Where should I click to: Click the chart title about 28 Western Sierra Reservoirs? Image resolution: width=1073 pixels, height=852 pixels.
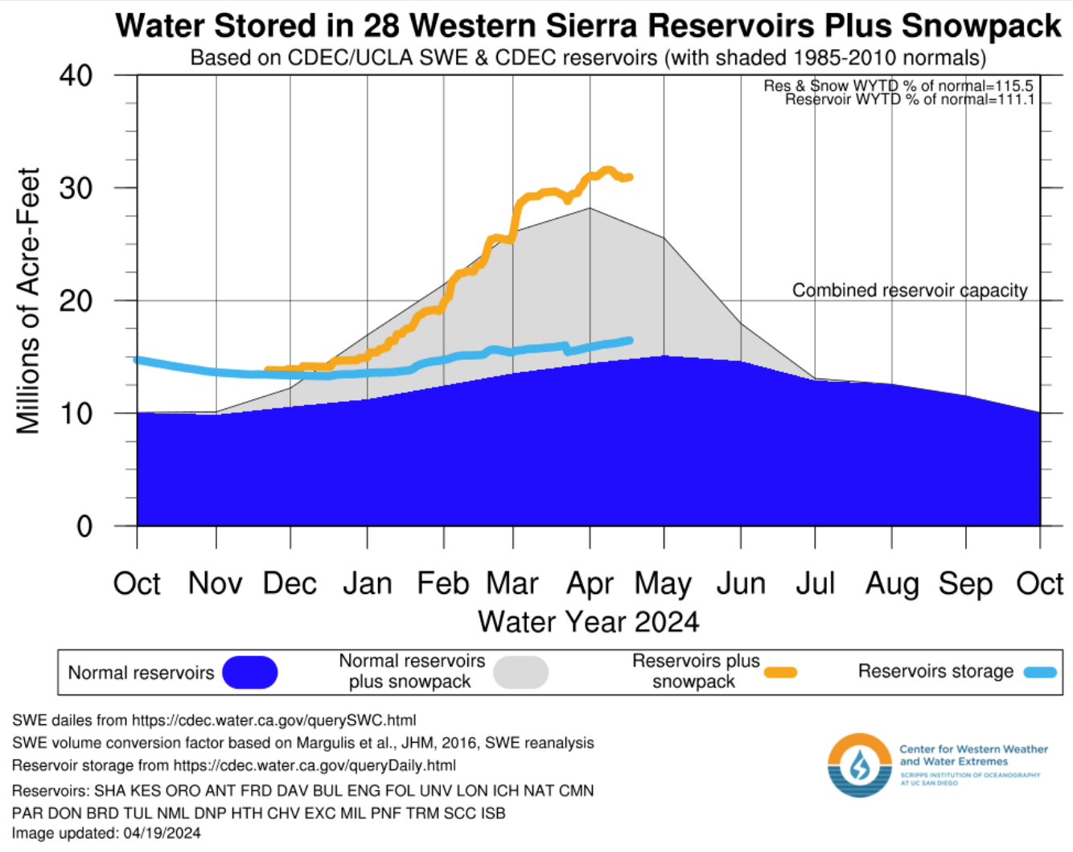coord(588,26)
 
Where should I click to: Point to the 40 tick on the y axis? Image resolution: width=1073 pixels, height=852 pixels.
coord(76,76)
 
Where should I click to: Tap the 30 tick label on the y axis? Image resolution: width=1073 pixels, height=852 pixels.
coord(76,188)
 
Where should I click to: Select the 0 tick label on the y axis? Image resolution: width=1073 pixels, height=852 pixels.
coord(84,526)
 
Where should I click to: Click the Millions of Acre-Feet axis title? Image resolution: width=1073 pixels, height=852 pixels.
coord(28,301)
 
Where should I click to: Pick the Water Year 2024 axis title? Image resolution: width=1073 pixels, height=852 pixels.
coord(588,621)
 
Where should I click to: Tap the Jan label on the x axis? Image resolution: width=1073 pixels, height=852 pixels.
coord(367,584)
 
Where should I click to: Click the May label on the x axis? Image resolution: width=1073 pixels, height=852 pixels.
coord(663,584)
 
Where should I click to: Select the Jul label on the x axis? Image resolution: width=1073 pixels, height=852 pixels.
coord(815,584)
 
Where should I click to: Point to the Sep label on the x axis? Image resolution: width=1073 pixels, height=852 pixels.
coord(965,584)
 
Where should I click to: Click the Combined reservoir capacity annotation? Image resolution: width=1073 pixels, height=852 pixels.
coord(910,290)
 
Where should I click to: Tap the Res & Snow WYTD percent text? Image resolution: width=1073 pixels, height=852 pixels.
coord(898,86)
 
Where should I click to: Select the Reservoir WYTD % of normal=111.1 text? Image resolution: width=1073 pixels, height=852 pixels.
coord(909,100)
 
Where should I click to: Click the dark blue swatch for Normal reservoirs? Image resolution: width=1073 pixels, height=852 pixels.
coord(250,673)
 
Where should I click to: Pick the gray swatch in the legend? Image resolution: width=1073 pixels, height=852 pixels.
coord(520,673)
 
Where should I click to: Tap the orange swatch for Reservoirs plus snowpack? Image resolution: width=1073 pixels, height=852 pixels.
coord(780,673)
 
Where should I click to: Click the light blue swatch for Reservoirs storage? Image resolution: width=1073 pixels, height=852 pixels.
coord(1040,672)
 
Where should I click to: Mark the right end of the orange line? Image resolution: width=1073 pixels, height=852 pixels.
coord(629,177)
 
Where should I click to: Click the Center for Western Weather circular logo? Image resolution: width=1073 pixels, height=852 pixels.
coord(860,765)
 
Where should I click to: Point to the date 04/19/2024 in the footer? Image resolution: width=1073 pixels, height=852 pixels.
coord(162,834)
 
